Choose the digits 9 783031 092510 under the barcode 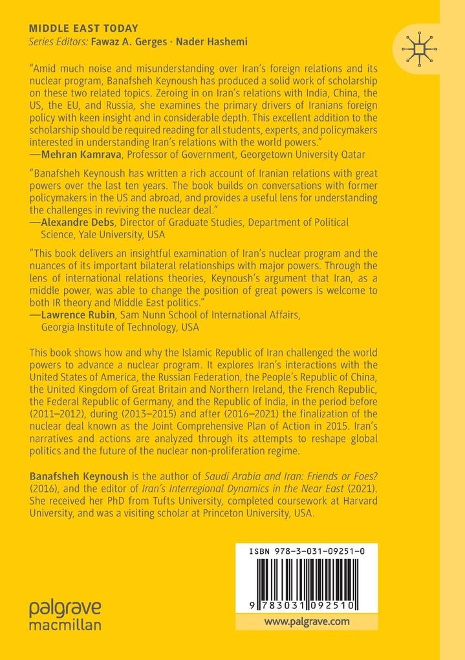(306, 602)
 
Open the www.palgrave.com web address (307, 621)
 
